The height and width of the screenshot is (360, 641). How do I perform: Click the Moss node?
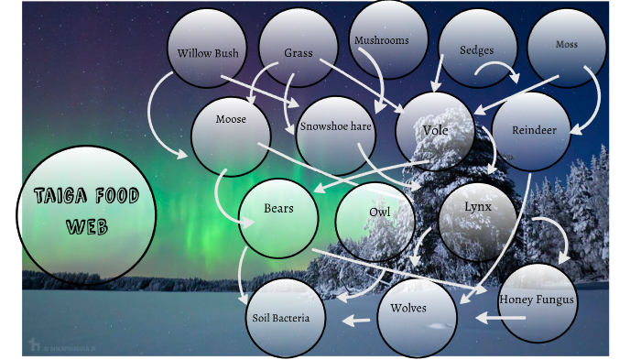tap(567, 44)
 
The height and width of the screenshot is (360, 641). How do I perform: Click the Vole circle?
tap(436, 130)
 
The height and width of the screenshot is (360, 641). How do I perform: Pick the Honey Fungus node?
tap(537, 300)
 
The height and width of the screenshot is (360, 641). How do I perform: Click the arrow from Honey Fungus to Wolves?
tap(501, 318)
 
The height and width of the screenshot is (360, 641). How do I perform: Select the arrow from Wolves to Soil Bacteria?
tap(357, 321)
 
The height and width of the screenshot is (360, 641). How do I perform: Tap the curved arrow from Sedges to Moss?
tap(503, 68)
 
